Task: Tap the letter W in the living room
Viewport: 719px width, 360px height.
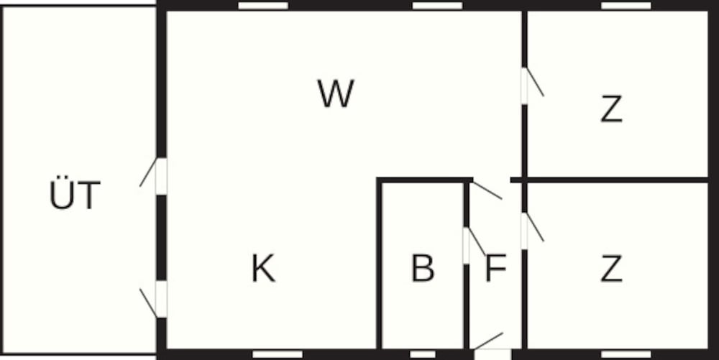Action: coord(336,94)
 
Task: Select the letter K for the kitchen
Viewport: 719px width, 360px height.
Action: coord(263,269)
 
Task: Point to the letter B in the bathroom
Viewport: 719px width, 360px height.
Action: coord(423,269)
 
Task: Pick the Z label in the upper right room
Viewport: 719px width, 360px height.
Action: coord(611,109)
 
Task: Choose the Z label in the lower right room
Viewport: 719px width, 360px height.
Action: coord(611,269)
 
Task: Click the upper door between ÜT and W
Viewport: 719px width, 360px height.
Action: coord(160,176)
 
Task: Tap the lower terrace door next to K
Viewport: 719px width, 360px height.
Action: coord(160,299)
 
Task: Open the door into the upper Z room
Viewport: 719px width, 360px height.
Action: coord(525,85)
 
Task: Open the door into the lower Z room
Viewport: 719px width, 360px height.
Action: coord(525,231)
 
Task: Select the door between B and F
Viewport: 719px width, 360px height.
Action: coord(467,245)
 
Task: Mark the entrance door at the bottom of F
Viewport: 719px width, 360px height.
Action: coord(493,352)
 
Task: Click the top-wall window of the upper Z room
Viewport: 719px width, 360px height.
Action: coord(626,6)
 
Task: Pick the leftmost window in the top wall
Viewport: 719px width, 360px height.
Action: coord(263,6)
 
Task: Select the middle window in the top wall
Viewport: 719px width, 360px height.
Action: coord(437,6)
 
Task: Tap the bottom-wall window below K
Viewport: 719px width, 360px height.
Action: coord(278,354)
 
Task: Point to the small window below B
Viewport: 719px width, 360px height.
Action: coord(423,354)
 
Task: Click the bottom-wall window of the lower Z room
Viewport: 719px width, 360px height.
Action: coord(626,354)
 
